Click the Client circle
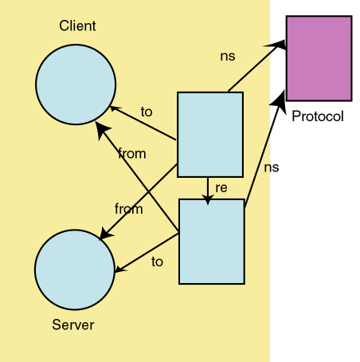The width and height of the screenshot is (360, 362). click(x=76, y=84)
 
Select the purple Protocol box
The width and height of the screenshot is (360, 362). click(x=319, y=58)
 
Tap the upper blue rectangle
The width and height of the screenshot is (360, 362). click(x=209, y=134)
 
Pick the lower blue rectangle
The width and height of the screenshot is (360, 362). click(x=211, y=242)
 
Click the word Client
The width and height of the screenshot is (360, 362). click(x=77, y=26)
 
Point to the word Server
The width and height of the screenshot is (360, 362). click(x=73, y=325)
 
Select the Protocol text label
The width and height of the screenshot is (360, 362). click(x=317, y=116)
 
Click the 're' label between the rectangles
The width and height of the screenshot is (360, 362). click(x=222, y=188)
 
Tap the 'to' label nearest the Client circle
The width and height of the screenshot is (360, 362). click(x=146, y=112)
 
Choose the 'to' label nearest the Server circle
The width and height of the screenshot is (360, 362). click(x=157, y=261)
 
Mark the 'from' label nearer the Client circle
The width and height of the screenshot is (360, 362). click(x=131, y=153)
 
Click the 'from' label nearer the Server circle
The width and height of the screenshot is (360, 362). click(x=128, y=209)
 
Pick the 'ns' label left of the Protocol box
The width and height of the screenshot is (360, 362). click(x=227, y=57)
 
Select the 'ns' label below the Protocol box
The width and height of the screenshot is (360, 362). click(x=272, y=167)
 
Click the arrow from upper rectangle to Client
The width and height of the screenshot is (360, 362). click(x=143, y=124)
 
